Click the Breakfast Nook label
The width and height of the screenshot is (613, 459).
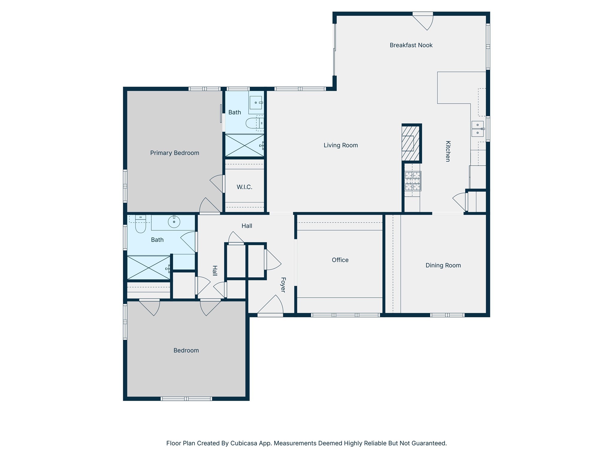point(411,45)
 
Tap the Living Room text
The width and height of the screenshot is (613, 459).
point(341,145)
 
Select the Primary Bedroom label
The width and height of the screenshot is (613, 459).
point(175,153)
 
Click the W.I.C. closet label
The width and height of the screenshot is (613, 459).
point(244,187)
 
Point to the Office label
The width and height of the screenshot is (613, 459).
point(340,260)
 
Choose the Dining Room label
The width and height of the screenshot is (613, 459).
point(443,265)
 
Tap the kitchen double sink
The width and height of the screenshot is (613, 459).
point(477,128)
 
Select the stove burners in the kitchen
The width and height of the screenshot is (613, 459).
point(413,181)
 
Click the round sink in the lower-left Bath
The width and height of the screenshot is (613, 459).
point(174,222)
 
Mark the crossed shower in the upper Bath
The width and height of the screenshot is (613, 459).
point(244,145)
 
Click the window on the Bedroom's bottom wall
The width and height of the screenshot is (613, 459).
point(186,399)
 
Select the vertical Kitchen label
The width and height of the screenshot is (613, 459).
point(448,151)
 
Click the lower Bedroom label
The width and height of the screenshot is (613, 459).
point(186,351)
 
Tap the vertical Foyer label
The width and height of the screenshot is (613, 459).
point(283,285)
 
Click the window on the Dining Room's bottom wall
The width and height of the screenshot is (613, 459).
point(447,315)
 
